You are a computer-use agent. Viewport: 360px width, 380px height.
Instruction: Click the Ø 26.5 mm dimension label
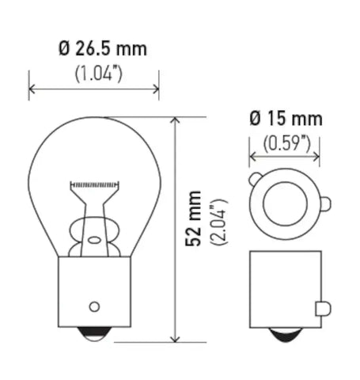click(x=102, y=50)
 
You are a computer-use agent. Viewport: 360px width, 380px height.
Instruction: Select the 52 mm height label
click(x=192, y=230)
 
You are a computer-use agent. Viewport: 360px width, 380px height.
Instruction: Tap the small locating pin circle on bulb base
click(x=94, y=306)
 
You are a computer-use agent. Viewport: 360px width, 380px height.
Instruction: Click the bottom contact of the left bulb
click(x=94, y=336)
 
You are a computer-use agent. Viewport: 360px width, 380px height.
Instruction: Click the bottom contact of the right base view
click(x=286, y=336)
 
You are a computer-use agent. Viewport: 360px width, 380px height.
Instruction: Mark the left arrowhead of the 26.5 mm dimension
click(x=32, y=89)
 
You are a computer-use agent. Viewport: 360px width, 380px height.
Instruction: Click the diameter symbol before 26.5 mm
click(x=64, y=50)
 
